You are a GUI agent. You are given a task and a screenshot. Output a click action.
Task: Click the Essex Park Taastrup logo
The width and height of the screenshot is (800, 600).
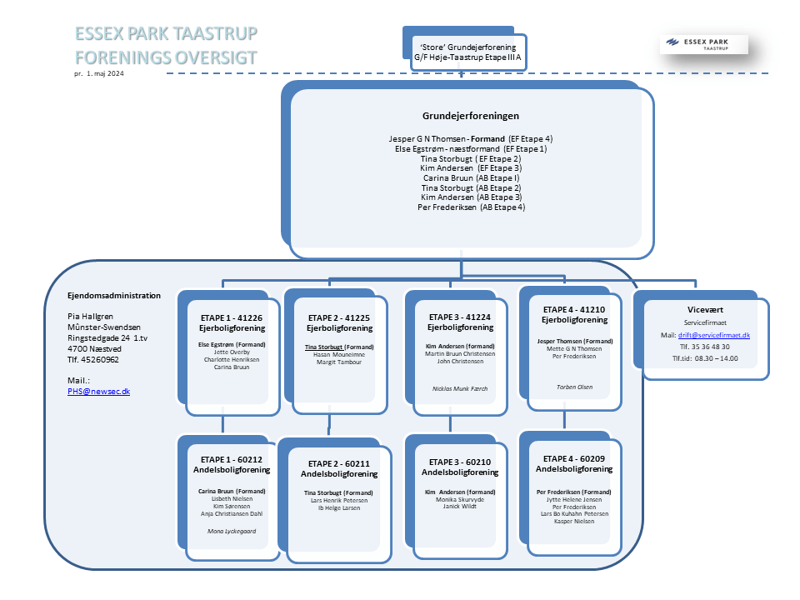[703, 44]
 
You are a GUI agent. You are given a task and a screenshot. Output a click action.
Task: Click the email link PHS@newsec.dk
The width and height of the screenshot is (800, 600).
[98, 390]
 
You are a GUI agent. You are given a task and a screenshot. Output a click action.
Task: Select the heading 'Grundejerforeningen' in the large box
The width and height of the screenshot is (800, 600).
[471, 116]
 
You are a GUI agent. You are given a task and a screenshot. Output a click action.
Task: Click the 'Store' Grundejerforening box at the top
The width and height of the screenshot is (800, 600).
[470, 52]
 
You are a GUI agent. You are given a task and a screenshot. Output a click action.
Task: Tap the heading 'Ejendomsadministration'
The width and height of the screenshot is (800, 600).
[113, 295]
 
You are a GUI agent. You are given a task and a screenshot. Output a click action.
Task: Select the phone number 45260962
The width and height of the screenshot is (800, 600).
[92, 360]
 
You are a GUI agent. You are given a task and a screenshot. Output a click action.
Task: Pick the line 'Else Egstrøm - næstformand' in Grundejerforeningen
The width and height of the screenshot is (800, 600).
[471, 148]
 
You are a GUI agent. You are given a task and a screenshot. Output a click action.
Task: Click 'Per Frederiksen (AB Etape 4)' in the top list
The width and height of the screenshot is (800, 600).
[471, 207]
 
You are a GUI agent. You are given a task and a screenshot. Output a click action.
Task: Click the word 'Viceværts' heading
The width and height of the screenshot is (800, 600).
[705, 309]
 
